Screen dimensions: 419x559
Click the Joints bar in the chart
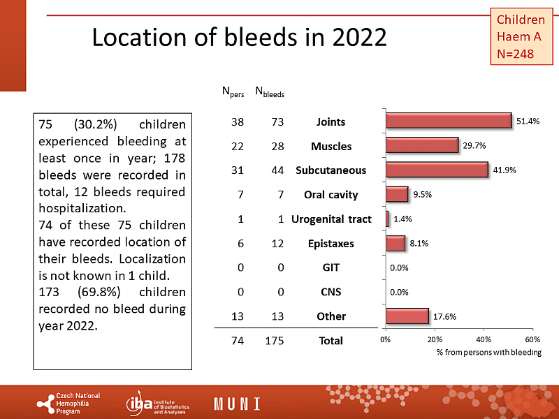click(448, 121)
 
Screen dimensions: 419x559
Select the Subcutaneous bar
click(436, 170)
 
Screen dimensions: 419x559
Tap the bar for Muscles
click(421, 145)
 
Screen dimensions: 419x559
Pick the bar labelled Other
click(407, 316)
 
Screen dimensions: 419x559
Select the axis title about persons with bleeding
click(489, 353)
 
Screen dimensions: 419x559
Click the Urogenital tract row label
click(331, 219)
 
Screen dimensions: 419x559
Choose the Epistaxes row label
click(331, 244)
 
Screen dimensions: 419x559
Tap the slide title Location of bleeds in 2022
click(239, 37)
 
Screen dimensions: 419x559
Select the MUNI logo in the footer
click(237, 404)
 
